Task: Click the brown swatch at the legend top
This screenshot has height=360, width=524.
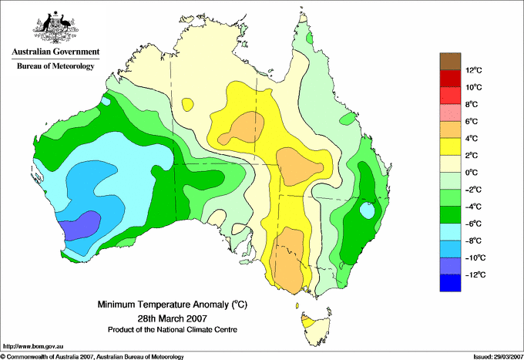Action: (x=450, y=61)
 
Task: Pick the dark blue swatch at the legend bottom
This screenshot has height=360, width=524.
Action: (x=450, y=283)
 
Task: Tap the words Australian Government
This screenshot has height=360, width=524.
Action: (x=55, y=52)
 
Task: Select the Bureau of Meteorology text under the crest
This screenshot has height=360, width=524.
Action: (x=55, y=66)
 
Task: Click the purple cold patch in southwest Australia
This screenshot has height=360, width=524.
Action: (x=80, y=225)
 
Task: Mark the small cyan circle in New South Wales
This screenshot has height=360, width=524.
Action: (x=367, y=209)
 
